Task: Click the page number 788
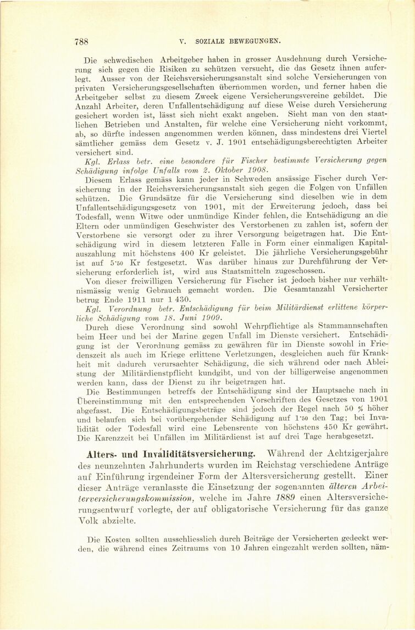pyautogui.click(x=81, y=40)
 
